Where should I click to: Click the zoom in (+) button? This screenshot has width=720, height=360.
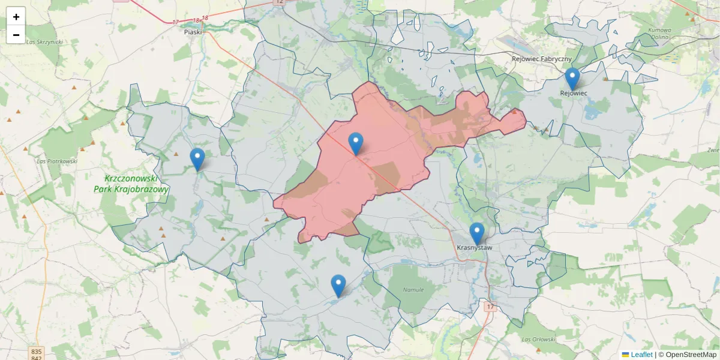tap(16, 17)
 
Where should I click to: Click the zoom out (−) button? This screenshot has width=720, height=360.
tap(16, 35)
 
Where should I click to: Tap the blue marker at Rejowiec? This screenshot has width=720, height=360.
tap(572, 79)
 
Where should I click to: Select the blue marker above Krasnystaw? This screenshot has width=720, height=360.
tap(477, 233)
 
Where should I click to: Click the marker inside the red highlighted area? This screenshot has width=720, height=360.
tap(356, 143)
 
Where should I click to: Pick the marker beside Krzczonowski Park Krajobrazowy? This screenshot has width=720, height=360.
tap(197, 159)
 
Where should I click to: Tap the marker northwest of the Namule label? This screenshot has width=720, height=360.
tap(338, 286)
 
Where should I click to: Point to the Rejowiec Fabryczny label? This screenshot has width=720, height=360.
tap(542, 59)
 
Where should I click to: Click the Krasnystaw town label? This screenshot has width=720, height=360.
tap(475, 247)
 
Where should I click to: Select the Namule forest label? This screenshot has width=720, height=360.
tap(413, 290)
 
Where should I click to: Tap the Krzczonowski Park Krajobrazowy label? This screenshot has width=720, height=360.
tap(131, 184)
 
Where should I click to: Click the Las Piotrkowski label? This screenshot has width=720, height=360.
tap(58, 161)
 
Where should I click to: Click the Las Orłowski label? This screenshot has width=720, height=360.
tap(538, 340)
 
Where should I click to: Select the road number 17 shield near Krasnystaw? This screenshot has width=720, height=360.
tap(490, 307)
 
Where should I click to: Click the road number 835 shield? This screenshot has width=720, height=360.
tap(37, 351)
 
